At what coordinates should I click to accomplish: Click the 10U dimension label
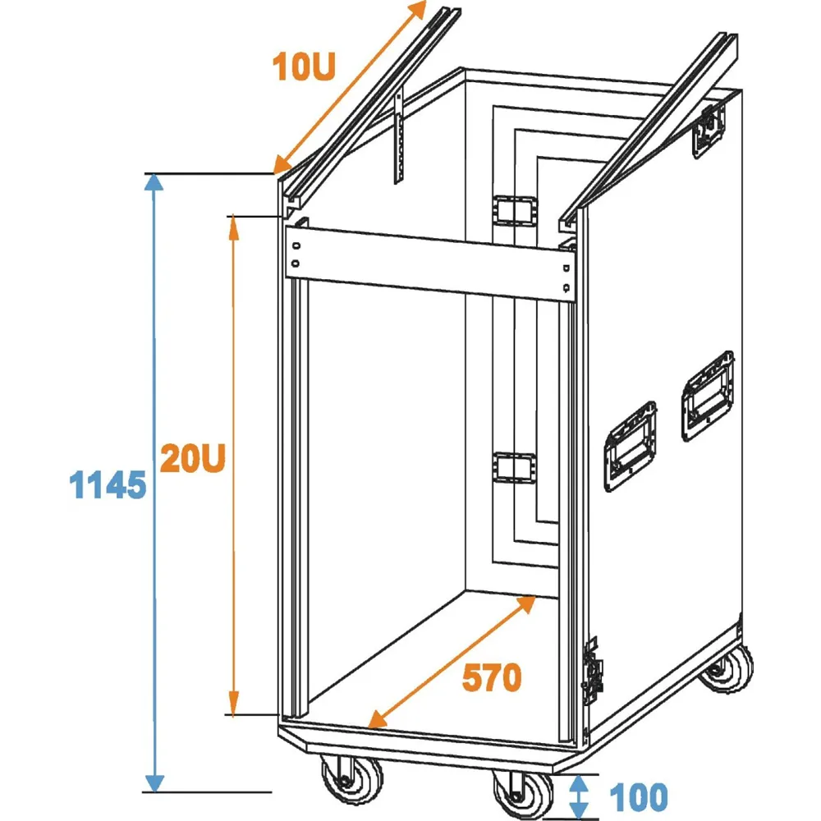tap(304, 65)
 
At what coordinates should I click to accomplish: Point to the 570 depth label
tap(491, 677)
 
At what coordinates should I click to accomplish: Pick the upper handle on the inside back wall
tap(514, 209)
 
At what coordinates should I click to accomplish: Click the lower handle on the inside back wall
tap(514, 468)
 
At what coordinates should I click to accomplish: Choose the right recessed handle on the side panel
tap(708, 394)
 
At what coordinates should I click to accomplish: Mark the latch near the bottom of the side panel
tap(590, 668)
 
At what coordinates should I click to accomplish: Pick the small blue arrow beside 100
tap(580, 794)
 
